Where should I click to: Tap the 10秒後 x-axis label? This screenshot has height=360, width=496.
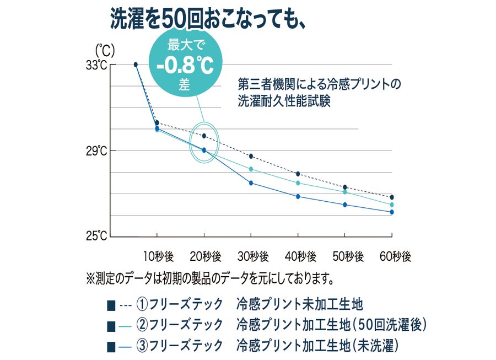click(158, 256)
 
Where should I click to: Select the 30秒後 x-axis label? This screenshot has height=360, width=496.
click(253, 256)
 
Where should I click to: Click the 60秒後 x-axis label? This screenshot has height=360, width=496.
click(395, 256)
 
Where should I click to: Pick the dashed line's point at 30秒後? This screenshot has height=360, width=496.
click(251, 156)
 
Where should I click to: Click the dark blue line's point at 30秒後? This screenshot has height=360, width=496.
click(251, 183)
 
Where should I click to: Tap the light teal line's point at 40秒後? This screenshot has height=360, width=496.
click(298, 183)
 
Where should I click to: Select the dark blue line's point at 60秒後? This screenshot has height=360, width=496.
click(392, 212)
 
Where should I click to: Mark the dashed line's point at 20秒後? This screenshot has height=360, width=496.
click(204, 136)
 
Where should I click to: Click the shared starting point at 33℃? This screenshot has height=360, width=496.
click(136, 65)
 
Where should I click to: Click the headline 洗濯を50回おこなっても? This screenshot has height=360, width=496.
click(208, 20)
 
